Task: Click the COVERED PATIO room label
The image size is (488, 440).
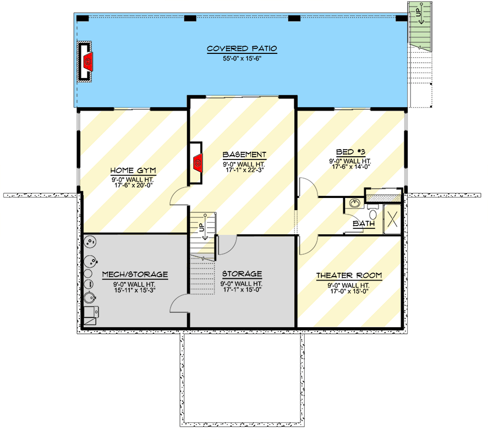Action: pyautogui.click(x=242, y=48)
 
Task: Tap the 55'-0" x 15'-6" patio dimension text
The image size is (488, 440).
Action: pyautogui.click(x=242, y=58)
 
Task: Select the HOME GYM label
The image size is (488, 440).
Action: pyautogui.click(x=133, y=170)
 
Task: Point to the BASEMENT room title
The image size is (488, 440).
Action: pyautogui.click(x=244, y=155)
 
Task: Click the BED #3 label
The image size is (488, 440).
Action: pyautogui.click(x=350, y=152)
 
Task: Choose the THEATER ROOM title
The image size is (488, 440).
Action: pyautogui.click(x=349, y=276)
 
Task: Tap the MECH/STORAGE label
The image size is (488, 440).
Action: pyautogui.click(x=135, y=274)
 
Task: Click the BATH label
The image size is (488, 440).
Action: pyautogui.click(x=364, y=223)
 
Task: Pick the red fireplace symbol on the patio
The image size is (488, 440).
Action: pyautogui.click(x=88, y=62)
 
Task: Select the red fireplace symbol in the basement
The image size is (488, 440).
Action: pyautogui.click(x=198, y=162)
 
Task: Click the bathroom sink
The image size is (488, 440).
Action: pyautogui.click(x=354, y=203)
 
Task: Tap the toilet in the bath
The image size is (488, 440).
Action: pyautogui.click(x=372, y=212)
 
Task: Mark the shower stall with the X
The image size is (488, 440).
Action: pyautogui.click(x=392, y=219)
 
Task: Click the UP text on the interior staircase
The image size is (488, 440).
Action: pyautogui.click(x=202, y=228)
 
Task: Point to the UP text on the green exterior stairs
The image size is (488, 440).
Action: pyautogui.click(x=418, y=13)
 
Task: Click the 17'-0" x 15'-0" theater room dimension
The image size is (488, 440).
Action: pyautogui.click(x=349, y=291)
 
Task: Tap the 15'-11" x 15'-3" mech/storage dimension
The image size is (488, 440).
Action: pyautogui.click(x=135, y=290)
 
